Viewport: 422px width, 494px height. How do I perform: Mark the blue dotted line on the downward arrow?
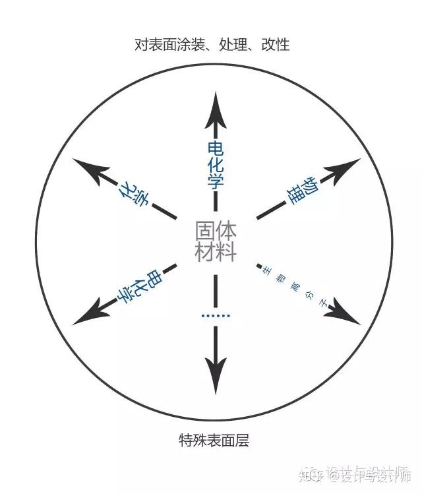point(216,317)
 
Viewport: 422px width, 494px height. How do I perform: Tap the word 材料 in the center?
point(216,252)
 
